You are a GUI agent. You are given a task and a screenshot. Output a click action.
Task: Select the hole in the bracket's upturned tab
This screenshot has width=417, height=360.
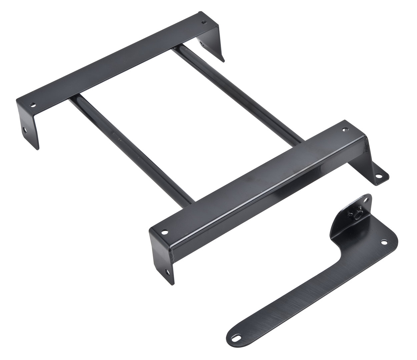tap(366, 201)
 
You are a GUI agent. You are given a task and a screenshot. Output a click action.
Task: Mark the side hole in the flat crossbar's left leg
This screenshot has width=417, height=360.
tap(24, 130)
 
